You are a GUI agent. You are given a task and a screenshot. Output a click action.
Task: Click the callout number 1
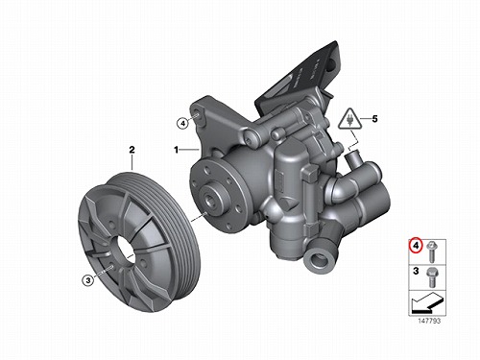[x=176, y=150]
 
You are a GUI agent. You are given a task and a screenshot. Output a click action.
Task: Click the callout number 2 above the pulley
[x=132, y=150]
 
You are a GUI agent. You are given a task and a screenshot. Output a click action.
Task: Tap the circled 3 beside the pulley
[x=88, y=280]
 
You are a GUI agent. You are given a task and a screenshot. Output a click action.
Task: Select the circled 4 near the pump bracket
[x=182, y=124]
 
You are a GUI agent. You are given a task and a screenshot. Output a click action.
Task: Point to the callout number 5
[x=374, y=119]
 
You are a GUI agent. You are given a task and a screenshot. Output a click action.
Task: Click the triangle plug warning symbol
[x=350, y=119]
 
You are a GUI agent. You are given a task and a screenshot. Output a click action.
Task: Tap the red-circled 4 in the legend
[x=417, y=246]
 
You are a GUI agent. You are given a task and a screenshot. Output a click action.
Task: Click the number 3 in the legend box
[x=416, y=271]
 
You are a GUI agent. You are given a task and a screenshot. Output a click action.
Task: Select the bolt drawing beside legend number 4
[x=431, y=252]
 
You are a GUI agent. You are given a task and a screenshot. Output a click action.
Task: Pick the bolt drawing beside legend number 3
[x=431, y=276]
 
